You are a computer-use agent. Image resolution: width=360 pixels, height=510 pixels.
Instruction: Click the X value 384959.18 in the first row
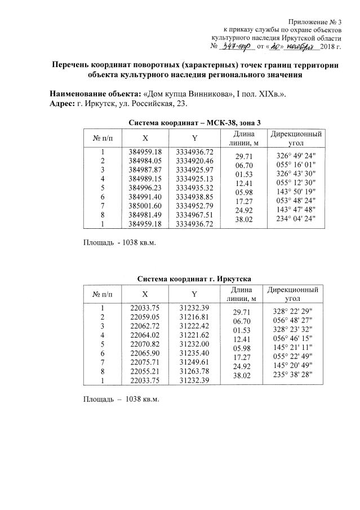(x=145, y=152)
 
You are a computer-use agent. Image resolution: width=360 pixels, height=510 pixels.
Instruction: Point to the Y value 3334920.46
(x=195, y=161)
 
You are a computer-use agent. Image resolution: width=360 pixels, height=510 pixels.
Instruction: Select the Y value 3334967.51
(x=195, y=214)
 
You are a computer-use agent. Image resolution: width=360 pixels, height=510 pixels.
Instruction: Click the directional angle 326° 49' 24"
(x=296, y=156)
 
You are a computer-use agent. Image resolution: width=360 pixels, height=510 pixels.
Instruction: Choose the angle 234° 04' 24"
(x=296, y=218)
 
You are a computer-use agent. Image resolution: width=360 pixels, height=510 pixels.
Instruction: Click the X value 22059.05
(x=145, y=317)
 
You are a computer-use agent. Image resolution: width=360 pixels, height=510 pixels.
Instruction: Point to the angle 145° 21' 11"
(x=296, y=348)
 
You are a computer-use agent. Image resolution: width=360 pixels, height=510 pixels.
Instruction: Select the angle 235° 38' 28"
(x=296, y=375)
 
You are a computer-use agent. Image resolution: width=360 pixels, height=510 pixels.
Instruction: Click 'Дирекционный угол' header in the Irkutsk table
(x=296, y=294)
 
